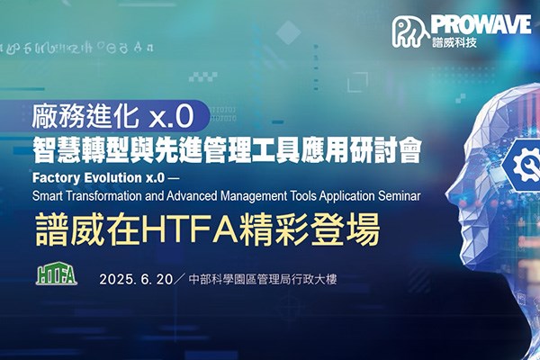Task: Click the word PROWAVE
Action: pos(481,25)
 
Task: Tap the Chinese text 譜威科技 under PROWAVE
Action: pos(454,42)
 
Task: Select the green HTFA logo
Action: pos(57,274)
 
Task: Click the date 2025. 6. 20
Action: pos(136,279)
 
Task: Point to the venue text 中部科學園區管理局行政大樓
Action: pos(263,279)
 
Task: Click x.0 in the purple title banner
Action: pos(171,117)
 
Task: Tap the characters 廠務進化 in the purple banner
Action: pos(85,116)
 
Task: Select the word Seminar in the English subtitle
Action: pos(400,196)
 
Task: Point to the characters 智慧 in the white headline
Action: pos(58,150)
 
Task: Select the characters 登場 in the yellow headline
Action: pos(346,229)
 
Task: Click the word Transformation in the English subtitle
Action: pos(103,196)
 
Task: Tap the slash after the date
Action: pos(180,279)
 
